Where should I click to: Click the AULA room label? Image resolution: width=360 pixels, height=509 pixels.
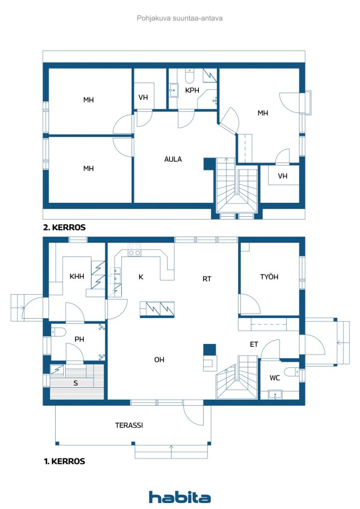pyautogui.click(x=173, y=160)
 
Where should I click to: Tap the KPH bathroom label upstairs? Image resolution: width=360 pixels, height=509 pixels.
pyautogui.click(x=192, y=90)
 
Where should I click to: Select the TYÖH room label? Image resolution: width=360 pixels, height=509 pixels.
pyautogui.click(x=269, y=277)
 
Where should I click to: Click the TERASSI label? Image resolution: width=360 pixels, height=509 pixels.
pyautogui.click(x=129, y=425)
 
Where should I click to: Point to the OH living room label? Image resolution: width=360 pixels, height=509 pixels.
pyautogui.click(x=159, y=360)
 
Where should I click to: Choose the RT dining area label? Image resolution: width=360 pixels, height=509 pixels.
pyautogui.click(x=207, y=279)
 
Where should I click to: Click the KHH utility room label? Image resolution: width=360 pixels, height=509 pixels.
pyautogui.click(x=77, y=276)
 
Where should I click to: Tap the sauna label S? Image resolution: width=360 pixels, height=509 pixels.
pyautogui.click(x=76, y=383)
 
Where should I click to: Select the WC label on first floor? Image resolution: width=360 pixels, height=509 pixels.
pyautogui.click(x=274, y=378)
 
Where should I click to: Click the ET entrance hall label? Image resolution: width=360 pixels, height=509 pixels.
pyautogui.click(x=254, y=344)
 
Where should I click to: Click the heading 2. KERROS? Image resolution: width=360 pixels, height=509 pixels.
pyautogui.click(x=64, y=227)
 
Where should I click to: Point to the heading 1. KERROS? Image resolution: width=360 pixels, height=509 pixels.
pyautogui.click(x=64, y=461)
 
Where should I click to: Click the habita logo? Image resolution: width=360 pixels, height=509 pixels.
pyautogui.click(x=180, y=497)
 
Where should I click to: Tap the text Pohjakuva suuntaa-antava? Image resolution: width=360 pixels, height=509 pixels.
pyautogui.click(x=180, y=18)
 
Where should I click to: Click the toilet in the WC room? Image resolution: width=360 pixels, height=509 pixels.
pyautogui.click(x=291, y=371)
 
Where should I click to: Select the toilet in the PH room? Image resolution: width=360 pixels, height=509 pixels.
pyautogui.click(x=59, y=332)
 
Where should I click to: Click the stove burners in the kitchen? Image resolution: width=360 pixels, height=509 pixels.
pyautogui.click(x=134, y=250)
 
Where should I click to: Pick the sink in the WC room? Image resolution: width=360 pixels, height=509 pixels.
pyautogui.click(x=275, y=395)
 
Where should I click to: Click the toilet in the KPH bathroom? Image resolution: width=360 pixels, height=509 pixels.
pyautogui.click(x=189, y=76)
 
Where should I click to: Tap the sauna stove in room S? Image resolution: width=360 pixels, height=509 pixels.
pyautogui.click(x=58, y=370)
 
